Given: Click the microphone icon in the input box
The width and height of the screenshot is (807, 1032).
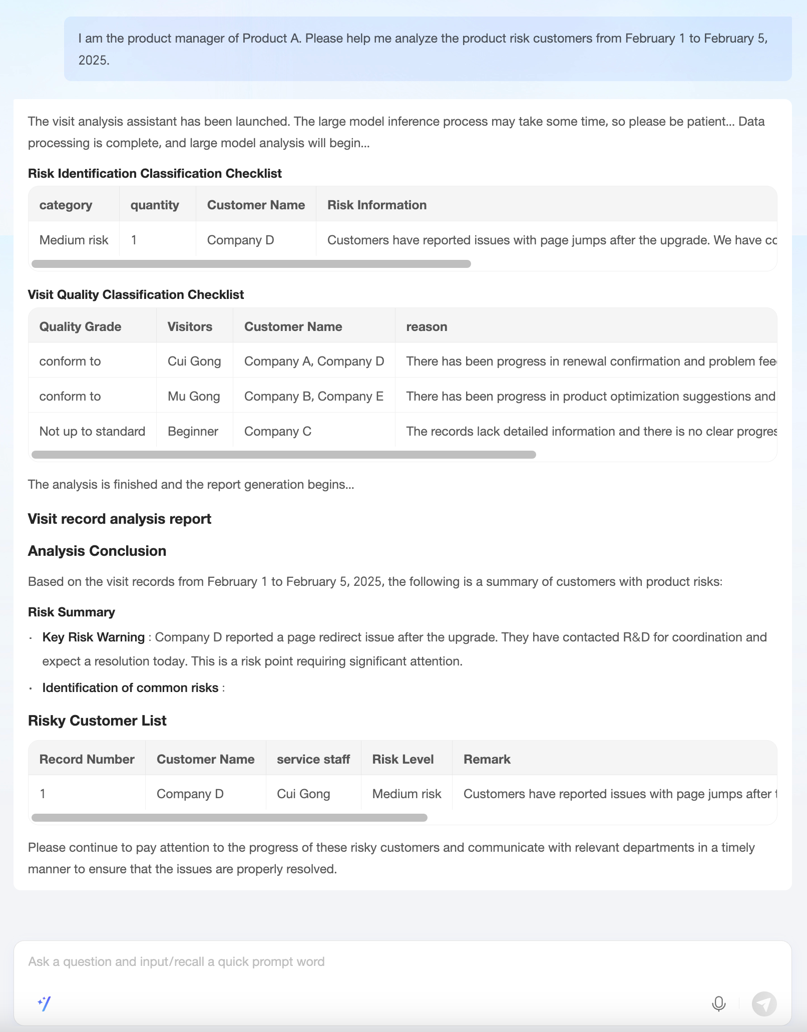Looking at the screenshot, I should pos(718,1003).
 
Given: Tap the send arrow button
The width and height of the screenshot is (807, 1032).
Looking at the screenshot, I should pos(764,1003).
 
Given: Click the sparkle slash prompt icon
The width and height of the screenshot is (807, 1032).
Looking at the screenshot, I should pos(44,1003).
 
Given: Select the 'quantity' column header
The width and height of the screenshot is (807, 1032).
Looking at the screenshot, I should pos(155,205).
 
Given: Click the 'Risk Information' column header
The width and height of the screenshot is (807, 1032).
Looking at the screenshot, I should pos(376,205).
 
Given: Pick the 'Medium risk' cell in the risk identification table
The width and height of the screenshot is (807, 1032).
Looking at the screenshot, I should pos(74,240).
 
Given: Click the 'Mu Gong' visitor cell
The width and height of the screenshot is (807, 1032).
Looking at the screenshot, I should pos(194,396).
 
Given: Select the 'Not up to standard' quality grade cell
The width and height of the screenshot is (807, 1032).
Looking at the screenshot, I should pos(92,431).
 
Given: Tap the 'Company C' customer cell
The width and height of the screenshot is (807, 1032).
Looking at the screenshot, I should pos(277,431).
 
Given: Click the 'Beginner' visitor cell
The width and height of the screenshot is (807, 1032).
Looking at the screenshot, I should pos(193,431).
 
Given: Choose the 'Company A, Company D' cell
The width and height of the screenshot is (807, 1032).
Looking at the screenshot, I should pos(314,361).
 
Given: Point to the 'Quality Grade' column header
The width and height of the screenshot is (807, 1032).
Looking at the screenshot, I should pos(80,326).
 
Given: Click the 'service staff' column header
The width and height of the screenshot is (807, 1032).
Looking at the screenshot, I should pos(313,759).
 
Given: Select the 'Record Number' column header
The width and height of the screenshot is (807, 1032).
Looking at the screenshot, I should pos(87,759).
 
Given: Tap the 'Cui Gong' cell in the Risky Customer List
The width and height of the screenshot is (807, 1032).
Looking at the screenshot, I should pos(303,794).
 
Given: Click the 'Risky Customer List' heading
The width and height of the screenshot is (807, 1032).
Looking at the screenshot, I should pos(97,721).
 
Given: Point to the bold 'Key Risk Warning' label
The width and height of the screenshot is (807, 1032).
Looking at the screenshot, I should pos(93,637).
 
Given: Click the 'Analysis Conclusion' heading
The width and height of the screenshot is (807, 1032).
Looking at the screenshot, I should pos(97,551).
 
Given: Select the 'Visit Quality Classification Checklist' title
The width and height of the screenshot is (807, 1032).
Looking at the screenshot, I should pos(136,294).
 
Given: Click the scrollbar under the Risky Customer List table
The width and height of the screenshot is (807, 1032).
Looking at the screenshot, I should pos(229,818).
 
